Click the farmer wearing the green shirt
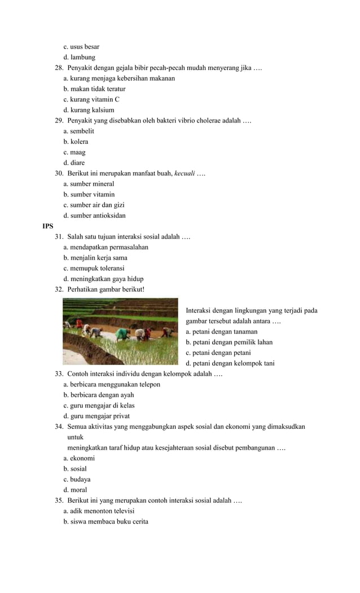(x=122, y=333)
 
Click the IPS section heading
(x=48, y=226)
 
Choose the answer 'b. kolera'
(x=76, y=142)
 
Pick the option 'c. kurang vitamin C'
(x=91, y=99)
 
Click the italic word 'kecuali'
(x=185, y=173)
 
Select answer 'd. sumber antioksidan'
(x=94, y=216)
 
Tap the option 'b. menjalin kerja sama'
(x=95, y=258)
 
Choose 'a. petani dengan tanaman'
(x=221, y=332)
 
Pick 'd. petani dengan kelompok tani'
(x=230, y=363)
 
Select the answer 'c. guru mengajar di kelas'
(x=99, y=406)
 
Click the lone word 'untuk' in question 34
(x=75, y=437)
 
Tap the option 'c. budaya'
(x=77, y=480)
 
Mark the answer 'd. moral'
(x=75, y=490)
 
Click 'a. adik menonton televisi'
(x=99, y=511)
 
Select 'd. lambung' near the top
(x=79, y=57)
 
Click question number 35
(x=59, y=500)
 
